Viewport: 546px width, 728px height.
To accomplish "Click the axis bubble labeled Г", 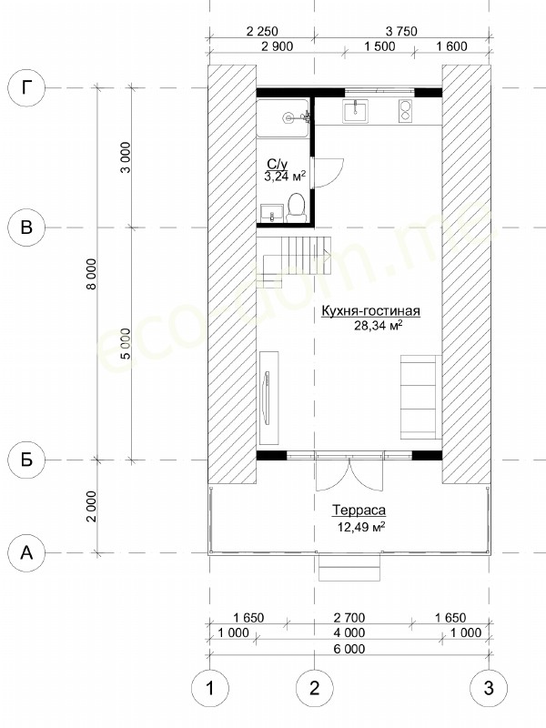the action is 27,88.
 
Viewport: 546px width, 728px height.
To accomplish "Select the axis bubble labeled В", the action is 27,227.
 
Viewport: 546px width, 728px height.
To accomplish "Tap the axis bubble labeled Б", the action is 27,460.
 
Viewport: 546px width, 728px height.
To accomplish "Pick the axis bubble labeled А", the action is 27,552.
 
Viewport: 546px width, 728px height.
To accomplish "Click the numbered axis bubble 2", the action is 315,688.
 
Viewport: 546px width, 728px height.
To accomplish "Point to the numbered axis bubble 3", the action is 489,688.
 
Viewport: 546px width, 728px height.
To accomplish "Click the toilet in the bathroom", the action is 296,207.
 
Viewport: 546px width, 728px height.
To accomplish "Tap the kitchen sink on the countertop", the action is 355,111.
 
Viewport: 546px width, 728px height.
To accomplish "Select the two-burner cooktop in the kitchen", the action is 405,111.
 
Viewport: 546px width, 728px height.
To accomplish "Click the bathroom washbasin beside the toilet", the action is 271,213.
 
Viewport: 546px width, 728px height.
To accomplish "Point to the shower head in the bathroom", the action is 289,118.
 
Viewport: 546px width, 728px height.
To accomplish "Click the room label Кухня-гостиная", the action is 371,310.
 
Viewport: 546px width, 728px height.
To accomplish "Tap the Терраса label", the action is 359,511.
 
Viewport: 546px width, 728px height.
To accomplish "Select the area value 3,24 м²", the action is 285,177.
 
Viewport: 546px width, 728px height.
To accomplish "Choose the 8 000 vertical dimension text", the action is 93,274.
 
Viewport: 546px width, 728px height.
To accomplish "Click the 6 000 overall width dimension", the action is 349,649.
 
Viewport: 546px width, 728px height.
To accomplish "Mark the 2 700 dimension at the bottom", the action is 349,618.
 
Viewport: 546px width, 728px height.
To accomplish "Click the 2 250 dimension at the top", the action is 262,32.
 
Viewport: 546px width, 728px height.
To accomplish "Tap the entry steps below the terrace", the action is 349,567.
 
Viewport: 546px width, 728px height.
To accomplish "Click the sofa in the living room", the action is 420,397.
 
